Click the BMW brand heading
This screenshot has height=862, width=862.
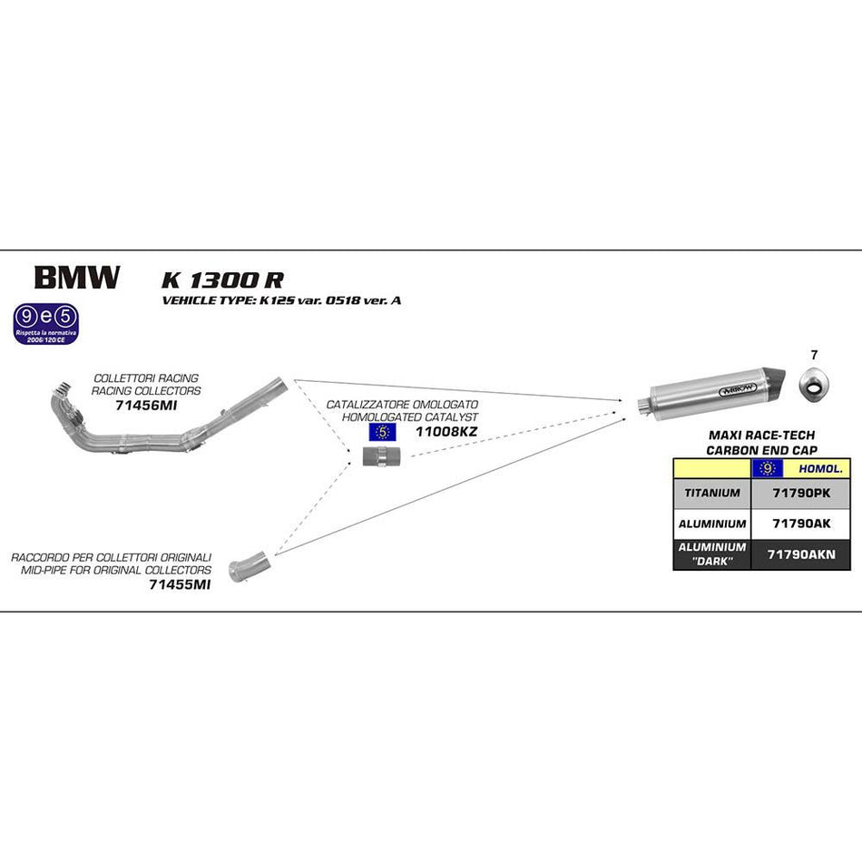(x=76, y=277)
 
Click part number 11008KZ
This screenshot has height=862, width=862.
(x=446, y=431)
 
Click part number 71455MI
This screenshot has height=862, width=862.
(x=179, y=585)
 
